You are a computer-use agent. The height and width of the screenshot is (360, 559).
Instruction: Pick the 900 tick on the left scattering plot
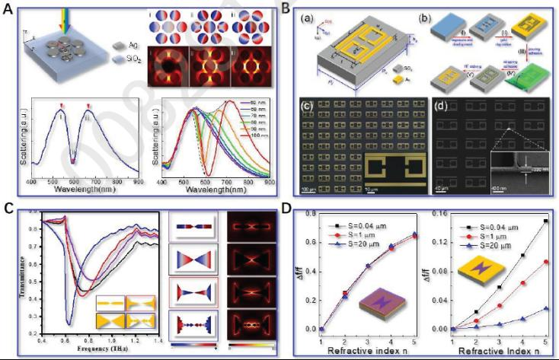point(138,183)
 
